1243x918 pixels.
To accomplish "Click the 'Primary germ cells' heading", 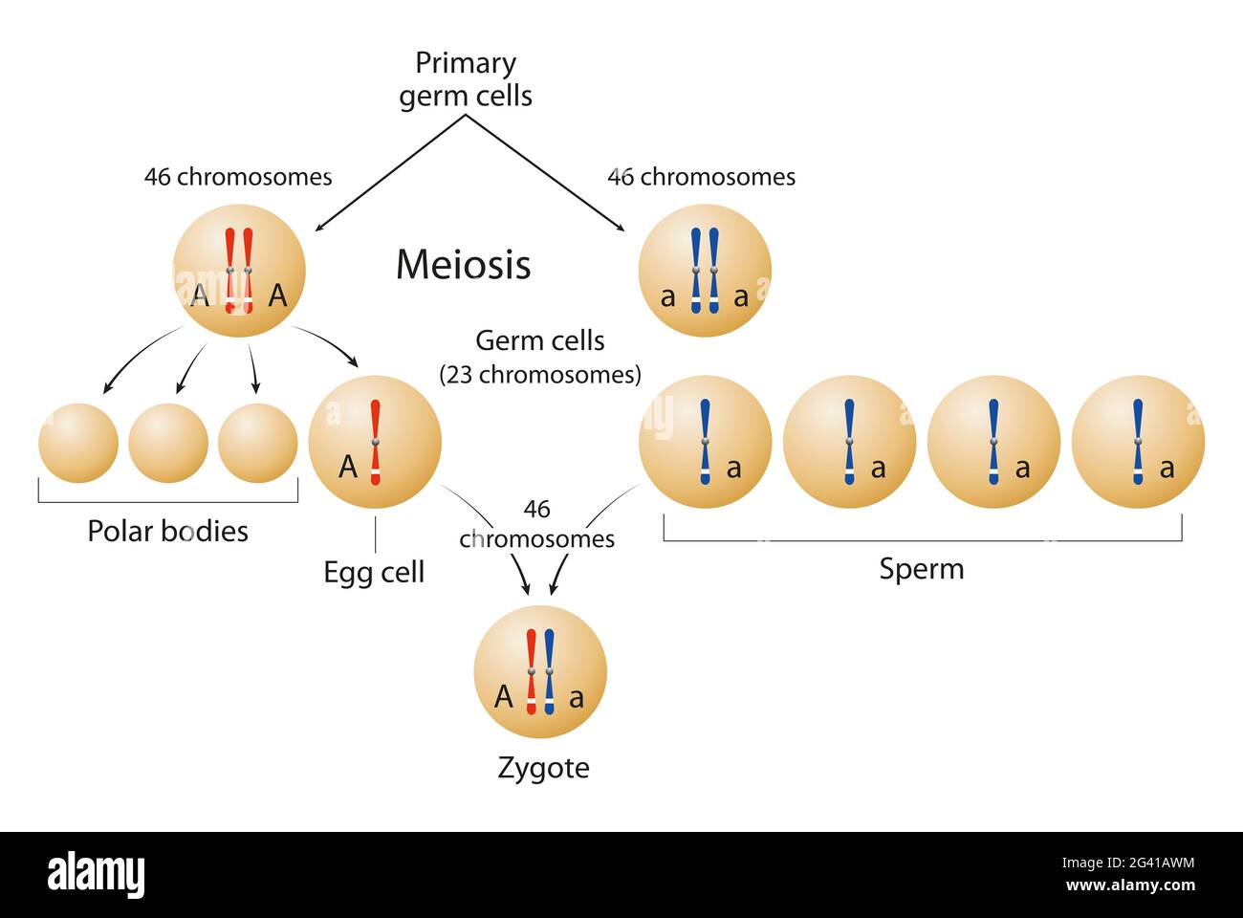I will coord(466,79).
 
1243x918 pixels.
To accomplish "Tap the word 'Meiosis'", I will coord(463,265).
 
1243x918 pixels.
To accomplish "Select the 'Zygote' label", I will coord(543,768).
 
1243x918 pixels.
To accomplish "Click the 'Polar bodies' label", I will coord(167,531).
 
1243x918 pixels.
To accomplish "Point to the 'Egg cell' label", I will coord(374,572).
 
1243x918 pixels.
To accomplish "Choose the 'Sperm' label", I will coord(922,569).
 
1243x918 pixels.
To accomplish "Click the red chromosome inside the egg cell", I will coord(375,442).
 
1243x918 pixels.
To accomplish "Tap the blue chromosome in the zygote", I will coord(549,672).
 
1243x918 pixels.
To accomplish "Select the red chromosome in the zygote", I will coord(532,672).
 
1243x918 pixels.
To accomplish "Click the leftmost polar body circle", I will coord(78,443).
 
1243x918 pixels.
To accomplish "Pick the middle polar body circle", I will coord(168,443).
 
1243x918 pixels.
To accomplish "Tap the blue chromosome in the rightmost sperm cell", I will coord(1138,442).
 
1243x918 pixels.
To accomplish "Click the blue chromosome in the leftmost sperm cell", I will coord(705,442).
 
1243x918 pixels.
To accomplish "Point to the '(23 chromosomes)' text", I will coord(540,375).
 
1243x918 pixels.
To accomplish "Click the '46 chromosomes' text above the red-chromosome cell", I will coord(238,177).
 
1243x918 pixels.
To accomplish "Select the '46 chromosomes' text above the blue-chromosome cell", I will coord(701,177).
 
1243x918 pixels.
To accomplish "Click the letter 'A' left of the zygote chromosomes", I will coord(504,697).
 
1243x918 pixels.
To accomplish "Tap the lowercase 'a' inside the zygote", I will coord(576,699).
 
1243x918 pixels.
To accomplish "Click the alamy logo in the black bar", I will coord(96,875).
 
